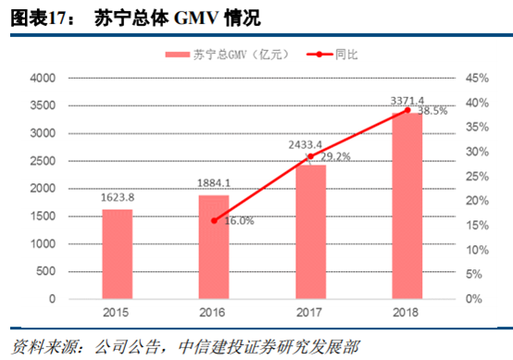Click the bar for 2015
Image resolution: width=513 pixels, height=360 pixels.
tap(117, 254)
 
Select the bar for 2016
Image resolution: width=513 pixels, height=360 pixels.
tap(213, 247)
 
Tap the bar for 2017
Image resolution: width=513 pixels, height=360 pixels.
tap(310, 231)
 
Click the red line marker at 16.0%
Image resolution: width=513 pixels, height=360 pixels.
tap(214, 220)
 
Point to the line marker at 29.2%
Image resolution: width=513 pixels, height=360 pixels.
tap(310, 156)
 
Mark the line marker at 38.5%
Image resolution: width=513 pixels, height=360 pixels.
tap(407, 111)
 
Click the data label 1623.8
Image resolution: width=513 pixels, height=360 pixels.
tap(117, 198)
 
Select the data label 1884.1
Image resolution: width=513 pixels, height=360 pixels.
tap(213, 182)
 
